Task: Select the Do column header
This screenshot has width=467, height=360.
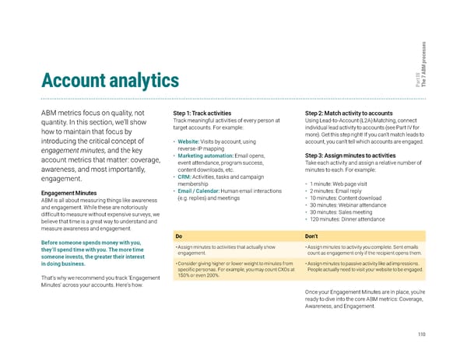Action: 179,236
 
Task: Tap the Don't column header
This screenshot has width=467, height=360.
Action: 311,236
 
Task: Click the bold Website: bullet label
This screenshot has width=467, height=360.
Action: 191,141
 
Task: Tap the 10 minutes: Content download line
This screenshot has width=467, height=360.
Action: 351,197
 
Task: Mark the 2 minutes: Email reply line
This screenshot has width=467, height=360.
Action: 341,190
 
